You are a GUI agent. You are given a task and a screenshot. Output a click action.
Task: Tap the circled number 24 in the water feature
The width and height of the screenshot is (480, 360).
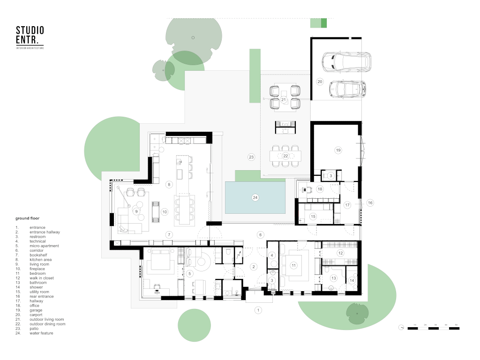[255, 197]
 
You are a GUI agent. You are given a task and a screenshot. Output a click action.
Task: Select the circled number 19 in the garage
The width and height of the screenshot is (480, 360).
[337, 150]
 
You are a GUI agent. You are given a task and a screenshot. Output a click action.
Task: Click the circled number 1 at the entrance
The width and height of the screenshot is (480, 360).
[257, 310]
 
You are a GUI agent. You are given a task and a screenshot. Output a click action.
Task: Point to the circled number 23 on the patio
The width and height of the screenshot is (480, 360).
[251, 157]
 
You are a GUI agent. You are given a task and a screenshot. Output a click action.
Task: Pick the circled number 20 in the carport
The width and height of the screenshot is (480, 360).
[320, 82]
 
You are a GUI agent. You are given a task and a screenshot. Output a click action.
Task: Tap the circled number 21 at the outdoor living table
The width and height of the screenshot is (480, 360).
[284, 100]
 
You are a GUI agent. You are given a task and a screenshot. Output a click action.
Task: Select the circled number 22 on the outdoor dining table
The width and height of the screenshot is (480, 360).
[285, 156]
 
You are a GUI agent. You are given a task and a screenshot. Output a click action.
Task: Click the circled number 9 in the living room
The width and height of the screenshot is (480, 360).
[136, 211]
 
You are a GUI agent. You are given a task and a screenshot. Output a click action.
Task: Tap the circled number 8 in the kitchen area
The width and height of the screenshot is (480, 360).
[168, 185]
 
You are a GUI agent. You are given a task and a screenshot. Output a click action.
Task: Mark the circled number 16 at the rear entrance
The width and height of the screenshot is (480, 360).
[370, 202]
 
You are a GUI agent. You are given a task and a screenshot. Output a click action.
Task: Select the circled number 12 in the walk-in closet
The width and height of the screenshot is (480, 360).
[340, 253]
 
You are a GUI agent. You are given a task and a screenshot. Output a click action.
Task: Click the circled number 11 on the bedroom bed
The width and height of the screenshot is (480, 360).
[294, 265]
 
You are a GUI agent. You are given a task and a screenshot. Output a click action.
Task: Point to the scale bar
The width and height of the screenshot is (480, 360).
[434, 328]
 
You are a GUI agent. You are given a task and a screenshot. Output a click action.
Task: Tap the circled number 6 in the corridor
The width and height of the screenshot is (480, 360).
[261, 234]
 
